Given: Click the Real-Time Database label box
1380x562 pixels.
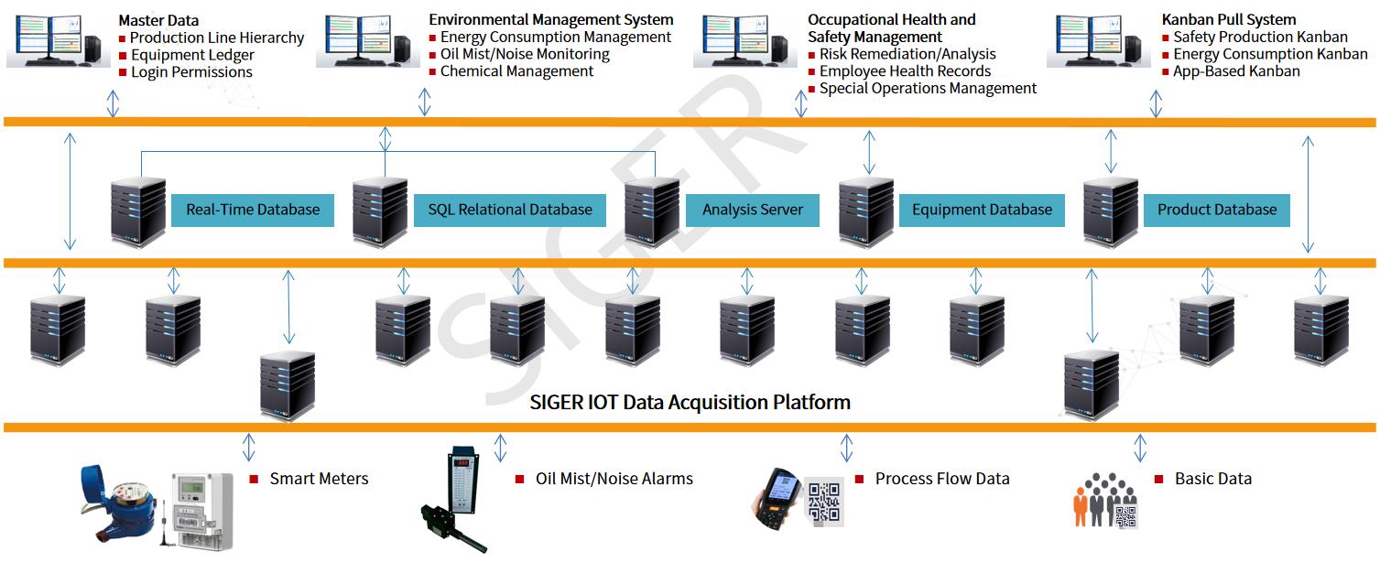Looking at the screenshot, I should coord(253,210).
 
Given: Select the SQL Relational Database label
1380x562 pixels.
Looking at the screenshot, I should coord(510,210).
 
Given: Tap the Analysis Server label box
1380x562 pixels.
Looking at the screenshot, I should coord(753,210).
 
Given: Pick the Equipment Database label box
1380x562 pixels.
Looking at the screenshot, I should coord(982,210).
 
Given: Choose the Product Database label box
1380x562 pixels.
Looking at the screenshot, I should coord(1216,210).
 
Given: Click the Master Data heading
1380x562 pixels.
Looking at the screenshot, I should coord(158,20).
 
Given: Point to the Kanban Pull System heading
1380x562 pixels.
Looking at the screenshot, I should coord(1229,19).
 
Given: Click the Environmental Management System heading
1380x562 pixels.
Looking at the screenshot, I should coord(550,19).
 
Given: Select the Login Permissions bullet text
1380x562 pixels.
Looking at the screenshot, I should coord(191,72).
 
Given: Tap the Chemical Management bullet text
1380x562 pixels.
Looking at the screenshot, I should coord(516,71).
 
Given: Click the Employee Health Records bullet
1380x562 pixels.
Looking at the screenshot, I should coord(905,71).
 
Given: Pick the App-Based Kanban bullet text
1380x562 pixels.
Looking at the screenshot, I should coord(1236,71).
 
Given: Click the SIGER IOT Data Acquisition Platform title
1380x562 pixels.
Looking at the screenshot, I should coord(690,402).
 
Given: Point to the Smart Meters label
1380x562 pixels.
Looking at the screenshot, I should coord(319,479).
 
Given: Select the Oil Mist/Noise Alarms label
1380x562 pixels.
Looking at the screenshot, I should coord(614,479).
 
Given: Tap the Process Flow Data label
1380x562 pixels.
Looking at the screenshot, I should coord(941,479).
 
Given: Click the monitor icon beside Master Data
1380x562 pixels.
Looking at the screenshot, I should coord(57,40).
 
